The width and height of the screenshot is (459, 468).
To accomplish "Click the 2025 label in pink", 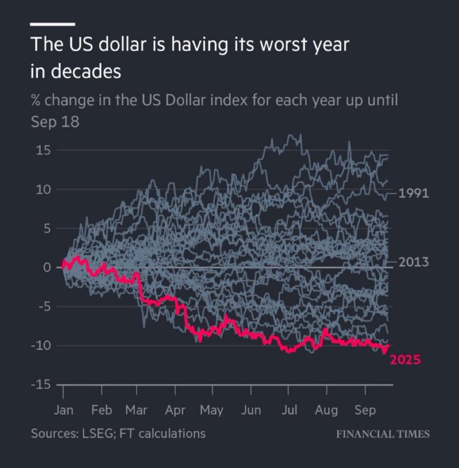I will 405,360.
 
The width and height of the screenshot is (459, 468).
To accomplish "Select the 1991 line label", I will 413,193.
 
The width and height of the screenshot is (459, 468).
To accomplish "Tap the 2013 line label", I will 413,262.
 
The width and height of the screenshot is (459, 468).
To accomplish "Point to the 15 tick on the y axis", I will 43,151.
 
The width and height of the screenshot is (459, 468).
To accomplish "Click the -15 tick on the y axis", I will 40,385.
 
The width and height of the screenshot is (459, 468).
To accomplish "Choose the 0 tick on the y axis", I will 47,268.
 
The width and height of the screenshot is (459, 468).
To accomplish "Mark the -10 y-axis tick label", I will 40,346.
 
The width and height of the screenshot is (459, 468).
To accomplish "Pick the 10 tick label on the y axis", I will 43,190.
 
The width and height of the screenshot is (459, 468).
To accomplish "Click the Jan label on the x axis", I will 63,410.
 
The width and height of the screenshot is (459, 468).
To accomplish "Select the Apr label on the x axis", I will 175,410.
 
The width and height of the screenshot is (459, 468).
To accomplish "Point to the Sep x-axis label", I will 365,410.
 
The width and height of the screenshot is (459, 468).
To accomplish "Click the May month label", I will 211,410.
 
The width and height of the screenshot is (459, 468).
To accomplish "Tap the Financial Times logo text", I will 383,434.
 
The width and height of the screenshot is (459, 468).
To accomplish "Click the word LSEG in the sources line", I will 93,433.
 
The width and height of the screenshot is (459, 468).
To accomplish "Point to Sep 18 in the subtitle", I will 55,122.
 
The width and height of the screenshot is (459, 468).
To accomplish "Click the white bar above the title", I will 52,24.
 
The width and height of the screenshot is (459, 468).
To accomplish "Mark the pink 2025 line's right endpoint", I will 389,345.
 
